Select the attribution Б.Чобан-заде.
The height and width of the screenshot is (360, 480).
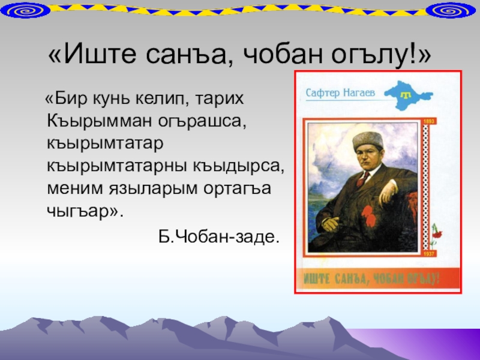[219, 236]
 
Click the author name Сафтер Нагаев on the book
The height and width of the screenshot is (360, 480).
[340, 92]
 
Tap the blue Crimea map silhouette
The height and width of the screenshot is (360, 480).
[409, 95]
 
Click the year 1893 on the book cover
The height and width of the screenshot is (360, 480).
[429, 122]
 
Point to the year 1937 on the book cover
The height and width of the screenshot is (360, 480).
[429, 254]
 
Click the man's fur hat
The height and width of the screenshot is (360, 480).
[367, 140]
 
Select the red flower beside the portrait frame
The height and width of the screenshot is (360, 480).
[437, 235]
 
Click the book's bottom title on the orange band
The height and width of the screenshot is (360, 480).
[371, 278]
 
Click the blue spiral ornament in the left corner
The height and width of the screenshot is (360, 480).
[25, 11]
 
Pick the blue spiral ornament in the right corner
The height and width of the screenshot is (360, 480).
[451, 11]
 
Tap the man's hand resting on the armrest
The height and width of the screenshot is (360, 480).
[388, 193]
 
